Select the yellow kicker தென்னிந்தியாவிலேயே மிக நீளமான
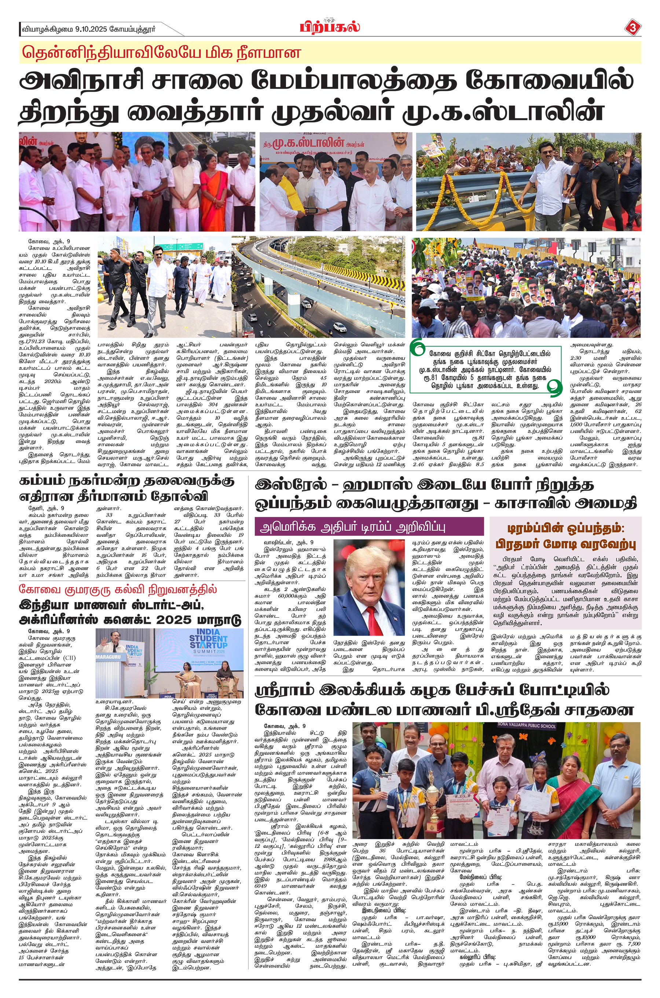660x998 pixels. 162,52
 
